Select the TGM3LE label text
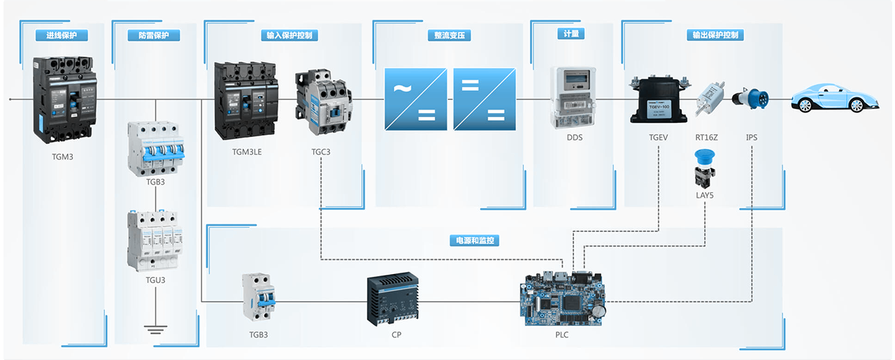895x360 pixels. pyautogui.click(x=247, y=152)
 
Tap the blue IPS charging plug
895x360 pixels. pyautogui.click(x=751, y=99)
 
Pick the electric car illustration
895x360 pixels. pyautogui.click(x=832, y=99)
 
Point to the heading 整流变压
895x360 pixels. pyautogui.click(x=449, y=35)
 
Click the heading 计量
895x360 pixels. pyautogui.click(x=570, y=34)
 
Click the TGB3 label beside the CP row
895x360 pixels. pyautogui.click(x=259, y=335)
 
